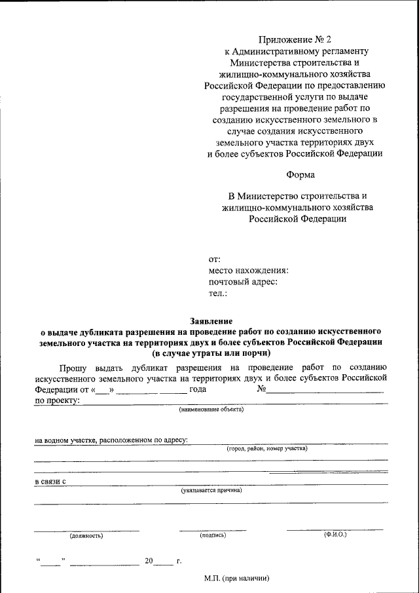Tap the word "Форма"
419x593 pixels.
301,174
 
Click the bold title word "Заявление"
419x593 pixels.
211,321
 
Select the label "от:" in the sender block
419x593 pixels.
215,259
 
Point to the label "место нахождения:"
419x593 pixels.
249,271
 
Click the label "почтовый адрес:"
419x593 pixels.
243,282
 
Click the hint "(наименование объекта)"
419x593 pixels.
211,410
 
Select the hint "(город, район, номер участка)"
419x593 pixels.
266,449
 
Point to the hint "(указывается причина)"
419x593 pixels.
211,489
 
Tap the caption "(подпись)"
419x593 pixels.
213,535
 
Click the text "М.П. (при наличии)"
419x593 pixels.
236,579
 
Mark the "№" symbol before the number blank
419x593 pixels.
261,389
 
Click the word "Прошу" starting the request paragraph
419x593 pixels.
71,367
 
